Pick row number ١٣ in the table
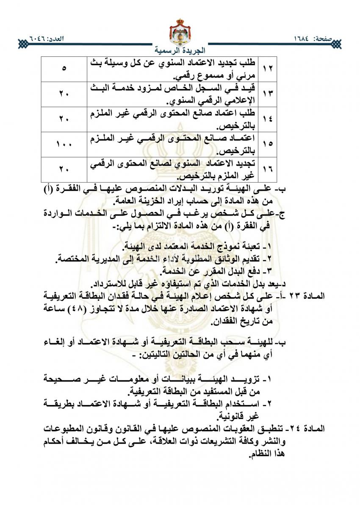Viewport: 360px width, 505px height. coord(268,94)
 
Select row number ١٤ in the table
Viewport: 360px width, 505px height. coord(268,119)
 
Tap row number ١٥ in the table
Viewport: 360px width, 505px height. coord(268,144)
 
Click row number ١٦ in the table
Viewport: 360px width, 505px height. coord(268,169)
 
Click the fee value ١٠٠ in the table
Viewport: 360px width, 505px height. coord(64,144)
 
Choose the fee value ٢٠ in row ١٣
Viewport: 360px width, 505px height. coord(64,94)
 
